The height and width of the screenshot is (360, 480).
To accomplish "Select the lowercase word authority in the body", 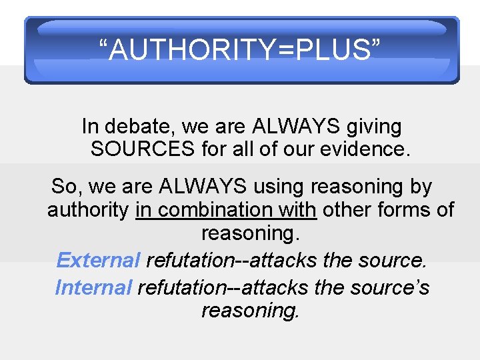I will click(x=87, y=210).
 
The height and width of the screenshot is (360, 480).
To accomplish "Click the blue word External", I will click(x=98, y=260).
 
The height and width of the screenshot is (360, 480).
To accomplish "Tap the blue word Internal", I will click(x=93, y=287).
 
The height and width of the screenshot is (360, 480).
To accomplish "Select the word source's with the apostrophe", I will click(x=389, y=287).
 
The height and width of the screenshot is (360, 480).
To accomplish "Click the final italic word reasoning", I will click(x=251, y=311).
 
